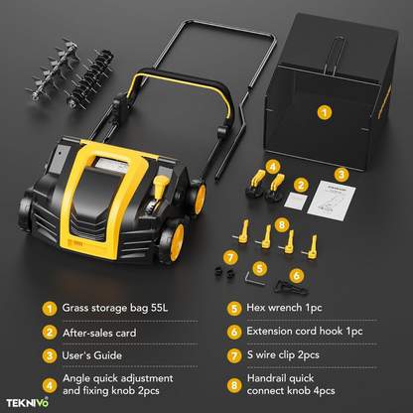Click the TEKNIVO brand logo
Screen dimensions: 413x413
point(28,402)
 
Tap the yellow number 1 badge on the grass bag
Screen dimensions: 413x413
point(325,112)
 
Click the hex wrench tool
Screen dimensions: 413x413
point(254,278)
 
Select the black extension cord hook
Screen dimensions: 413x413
point(291,288)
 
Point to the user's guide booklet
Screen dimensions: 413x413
point(332,201)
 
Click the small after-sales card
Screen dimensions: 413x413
point(296,201)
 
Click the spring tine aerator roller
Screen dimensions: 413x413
point(88,78)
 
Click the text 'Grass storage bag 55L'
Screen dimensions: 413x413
point(115,308)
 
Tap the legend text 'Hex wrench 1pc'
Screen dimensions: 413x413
point(284,308)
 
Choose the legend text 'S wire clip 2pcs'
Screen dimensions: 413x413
point(283,355)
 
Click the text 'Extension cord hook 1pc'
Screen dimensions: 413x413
point(305,332)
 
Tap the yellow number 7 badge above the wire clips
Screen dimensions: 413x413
point(230,257)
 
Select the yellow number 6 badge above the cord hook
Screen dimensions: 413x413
point(297,275)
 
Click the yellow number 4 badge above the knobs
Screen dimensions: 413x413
point(273,167)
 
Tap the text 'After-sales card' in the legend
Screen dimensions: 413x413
point(99,333)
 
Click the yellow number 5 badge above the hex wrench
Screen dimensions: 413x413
point(260,269)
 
